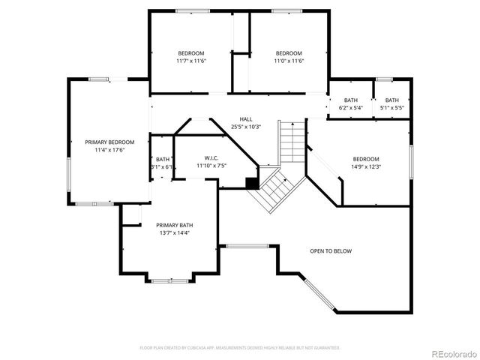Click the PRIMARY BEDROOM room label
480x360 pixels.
[x=109, y=142]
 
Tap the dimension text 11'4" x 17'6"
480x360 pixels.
[x=109, y=150]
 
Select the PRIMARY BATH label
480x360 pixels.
[x=174, y=225]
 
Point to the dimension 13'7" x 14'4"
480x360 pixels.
[x=174, y=233]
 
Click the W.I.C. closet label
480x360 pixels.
[x=210, y=157]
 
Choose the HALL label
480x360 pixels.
[x=246, y=119]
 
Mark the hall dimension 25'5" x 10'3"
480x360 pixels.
[x=246, y=127]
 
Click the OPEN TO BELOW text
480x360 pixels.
[x=331, y=250]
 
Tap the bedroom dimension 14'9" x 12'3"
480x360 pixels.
[x=366, y=166]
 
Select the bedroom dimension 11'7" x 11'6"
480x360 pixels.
[x=191, y=61]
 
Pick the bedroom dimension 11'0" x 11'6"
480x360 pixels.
[x=289, y=61]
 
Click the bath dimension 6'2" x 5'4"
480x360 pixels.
[x=351, y=108]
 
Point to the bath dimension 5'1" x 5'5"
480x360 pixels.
[x=392, y=108]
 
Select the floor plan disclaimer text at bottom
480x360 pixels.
[x=240, y=347]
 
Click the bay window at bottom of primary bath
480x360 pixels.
[x=169, y=280]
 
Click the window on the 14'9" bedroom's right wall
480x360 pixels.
[x=411, y=162]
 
